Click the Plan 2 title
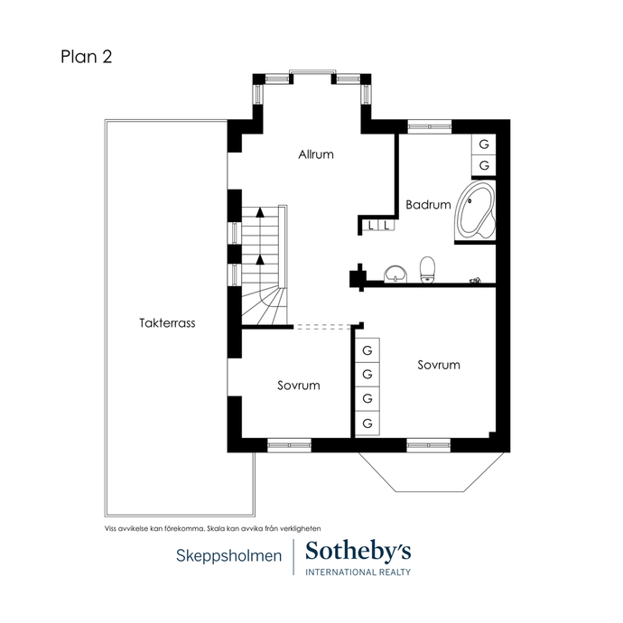coord(86,56)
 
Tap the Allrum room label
coord(316,154)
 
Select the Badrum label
coord(428,205)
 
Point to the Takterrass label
coord(167,323)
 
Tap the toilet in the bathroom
coord(427,269)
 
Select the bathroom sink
coord(395,274)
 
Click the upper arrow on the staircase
coord(260,212)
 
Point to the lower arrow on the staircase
coord(260,259)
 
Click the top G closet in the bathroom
coord(484,144)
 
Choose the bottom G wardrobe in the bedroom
coord(367,423)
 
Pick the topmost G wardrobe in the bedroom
coord(367,350)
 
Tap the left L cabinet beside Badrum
coord(371,226)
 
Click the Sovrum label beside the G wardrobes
coord(439,365)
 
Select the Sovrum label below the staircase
coord(299,386)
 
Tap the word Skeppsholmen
coord(228,555)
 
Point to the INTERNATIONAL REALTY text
coord(358,572)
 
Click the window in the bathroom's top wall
coord(430,126)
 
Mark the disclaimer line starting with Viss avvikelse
coord(212,529)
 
